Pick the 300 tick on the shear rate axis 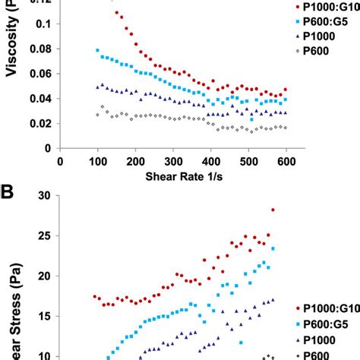coord(211,161)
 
